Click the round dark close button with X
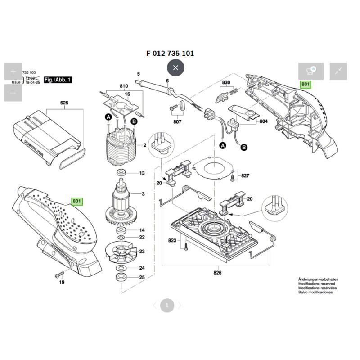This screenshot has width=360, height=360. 175,68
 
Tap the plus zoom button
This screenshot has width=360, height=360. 13,72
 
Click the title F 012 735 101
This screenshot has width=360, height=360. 170,53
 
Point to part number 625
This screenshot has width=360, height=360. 64,103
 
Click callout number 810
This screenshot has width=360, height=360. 124,86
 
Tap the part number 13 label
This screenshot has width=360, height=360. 142,173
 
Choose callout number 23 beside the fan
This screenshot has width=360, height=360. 142,251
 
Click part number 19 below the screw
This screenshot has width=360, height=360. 62,282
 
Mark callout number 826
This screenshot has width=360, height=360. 217,272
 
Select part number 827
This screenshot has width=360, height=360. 245,175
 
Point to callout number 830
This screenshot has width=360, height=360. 226,82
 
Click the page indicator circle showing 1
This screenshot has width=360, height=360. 166,306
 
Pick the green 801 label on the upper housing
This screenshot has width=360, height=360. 306,85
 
